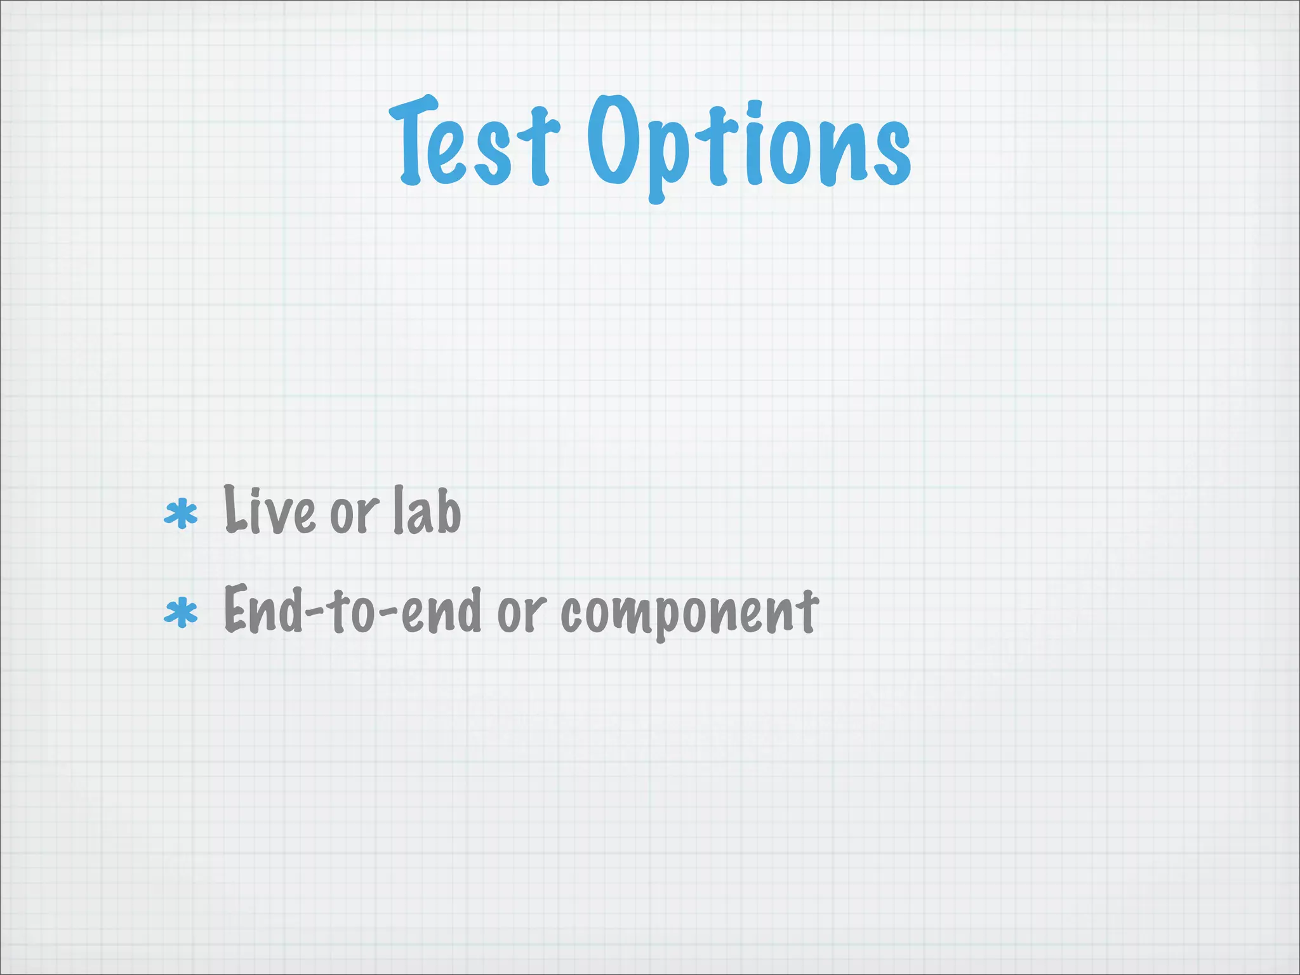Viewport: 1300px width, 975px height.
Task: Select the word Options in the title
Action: pyautogui.click(x=749, y=146)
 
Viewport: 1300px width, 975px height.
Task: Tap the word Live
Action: pyautogui.click(x=270, y=511)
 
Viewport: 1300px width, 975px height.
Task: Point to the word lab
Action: pyautogui.click(x=427, y=511)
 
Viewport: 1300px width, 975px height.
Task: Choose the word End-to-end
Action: pyautogui.click(x=352, y=611)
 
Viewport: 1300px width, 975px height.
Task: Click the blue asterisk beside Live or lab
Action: pyautogui.click(x=181, y=514)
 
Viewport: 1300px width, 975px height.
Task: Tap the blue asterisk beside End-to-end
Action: pyautogui.click(x=181, y=614)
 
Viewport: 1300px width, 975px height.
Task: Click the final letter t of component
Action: pyautogui.click(x=807, y=611)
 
